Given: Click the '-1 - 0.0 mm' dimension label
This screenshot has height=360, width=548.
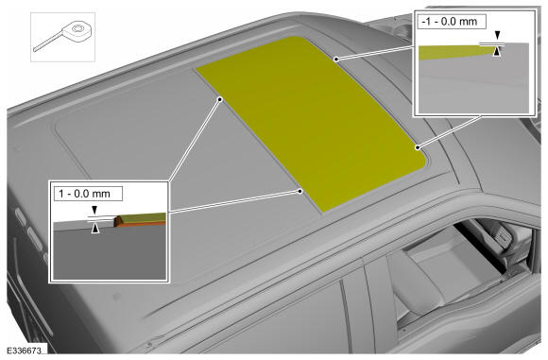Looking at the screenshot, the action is (450, 22).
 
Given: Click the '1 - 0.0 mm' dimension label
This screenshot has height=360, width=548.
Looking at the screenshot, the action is (84, 194).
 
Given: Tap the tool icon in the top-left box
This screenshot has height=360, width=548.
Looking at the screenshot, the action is (63, 36).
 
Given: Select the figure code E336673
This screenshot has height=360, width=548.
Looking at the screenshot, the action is (25, 350).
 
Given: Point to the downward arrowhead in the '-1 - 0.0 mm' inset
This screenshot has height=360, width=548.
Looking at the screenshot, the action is (497, 35).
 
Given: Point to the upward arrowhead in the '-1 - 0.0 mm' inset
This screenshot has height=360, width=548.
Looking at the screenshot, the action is (497, 52).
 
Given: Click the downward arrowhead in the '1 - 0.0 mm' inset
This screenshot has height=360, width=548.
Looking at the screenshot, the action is (94, 210).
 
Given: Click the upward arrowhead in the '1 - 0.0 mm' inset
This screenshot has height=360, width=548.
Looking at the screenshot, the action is (95, 229).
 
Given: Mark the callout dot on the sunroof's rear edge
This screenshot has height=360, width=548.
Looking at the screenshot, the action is (335, 60).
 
